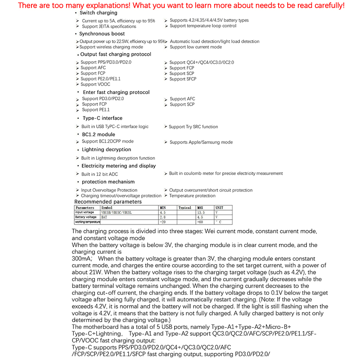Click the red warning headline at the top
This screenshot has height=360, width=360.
(x=180, y=5)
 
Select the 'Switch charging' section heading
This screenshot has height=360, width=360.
(x=98, y=13)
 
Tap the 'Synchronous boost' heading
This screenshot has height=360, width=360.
(x=102, y=34)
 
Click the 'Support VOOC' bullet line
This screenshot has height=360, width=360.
(x=95, y=84)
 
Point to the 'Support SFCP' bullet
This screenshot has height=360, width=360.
(x=183, y=79)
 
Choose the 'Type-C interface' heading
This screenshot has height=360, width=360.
(x=102, y=118)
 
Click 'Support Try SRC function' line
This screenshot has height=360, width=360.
(x=193, y=127)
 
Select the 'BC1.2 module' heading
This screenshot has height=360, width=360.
(x=98, y=135)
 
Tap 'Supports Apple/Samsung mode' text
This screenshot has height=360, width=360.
(x=201, y=142)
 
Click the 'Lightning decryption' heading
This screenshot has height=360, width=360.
(x=106, y=149)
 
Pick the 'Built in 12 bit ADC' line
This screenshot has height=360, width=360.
(x=99, y=174)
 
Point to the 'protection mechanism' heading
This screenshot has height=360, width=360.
(x=108, y=182)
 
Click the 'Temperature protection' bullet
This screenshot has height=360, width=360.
(x=192, y=196)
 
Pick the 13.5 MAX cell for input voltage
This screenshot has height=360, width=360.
(x=201, y=212)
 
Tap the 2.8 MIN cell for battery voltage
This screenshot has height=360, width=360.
(x=163, y=217)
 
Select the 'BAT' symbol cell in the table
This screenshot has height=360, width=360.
(x=104, y=217)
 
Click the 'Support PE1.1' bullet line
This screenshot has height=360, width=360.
(x=96, y=110)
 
